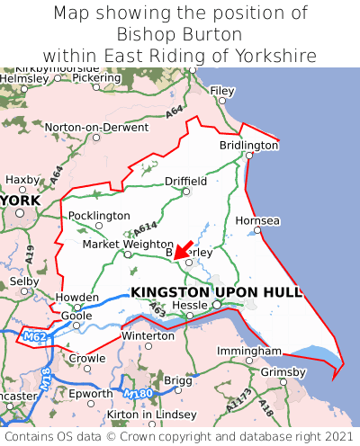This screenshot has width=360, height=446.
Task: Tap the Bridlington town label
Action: pos(249,145)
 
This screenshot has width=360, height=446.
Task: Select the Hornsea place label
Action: pos(257,220)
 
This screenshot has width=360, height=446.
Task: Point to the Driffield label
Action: pos(185,181)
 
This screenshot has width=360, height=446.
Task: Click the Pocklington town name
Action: pos(99,216)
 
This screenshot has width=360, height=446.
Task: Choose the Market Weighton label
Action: pos(127,245)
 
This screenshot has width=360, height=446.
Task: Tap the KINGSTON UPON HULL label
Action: pos(216,292)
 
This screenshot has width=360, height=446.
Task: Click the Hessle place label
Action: pos(189,306)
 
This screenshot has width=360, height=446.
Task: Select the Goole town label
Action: pos(76,316)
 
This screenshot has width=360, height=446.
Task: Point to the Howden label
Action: pos(76,297)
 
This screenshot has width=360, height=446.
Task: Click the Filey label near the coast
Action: pos(221,91)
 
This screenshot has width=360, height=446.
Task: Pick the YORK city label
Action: pos(22,201)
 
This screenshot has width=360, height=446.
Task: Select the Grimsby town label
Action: pos(283,371)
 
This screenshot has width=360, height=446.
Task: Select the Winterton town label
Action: pos(148,335)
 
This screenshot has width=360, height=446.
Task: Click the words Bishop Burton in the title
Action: pos(180,34)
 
